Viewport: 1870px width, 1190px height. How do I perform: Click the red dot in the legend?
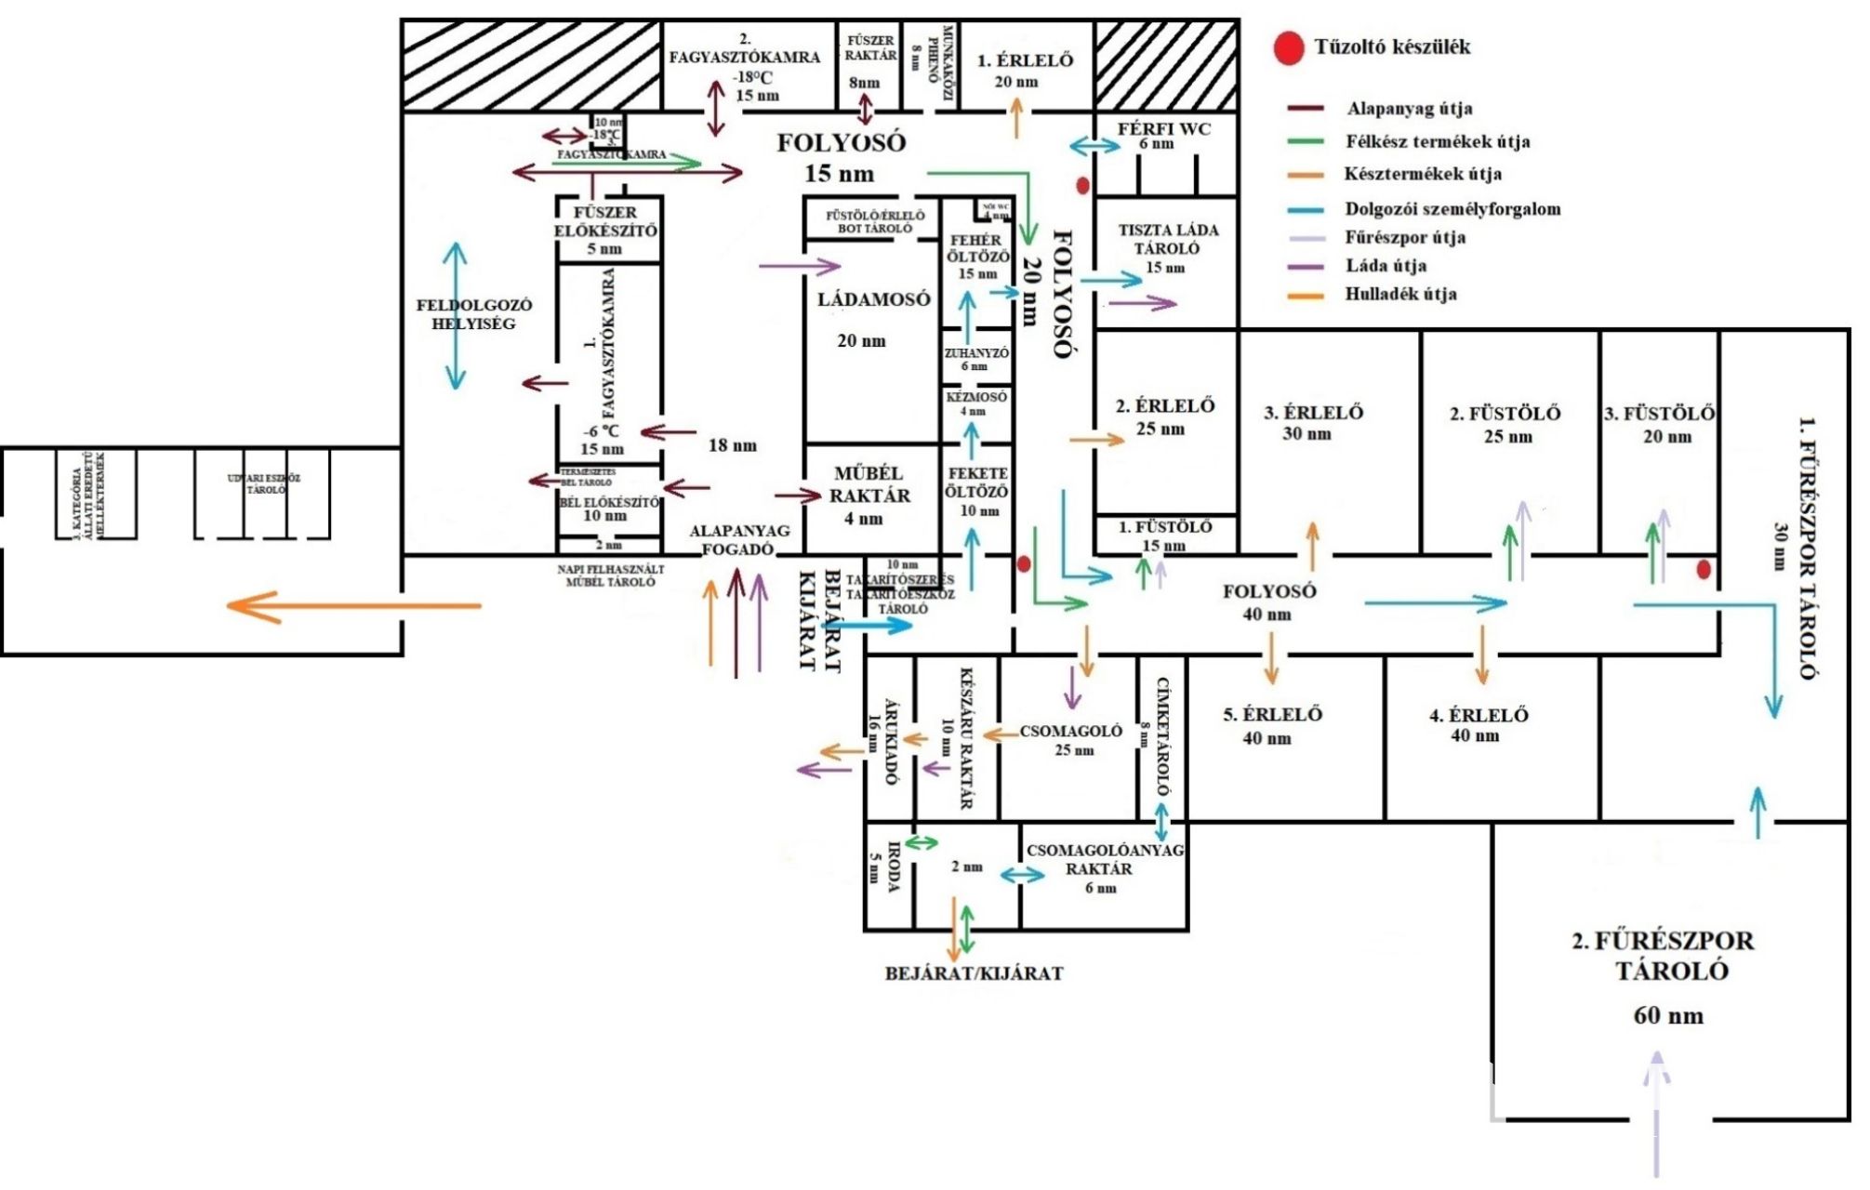(x=1288, y=48)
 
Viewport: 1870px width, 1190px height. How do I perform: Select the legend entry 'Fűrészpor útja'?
(x=1404, y=238)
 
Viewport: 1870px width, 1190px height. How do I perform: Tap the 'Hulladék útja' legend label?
(x=1400, y=295)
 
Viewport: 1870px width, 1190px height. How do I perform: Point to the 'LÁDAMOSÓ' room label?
(x=873, y=299)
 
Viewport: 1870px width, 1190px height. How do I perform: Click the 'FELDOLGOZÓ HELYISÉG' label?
(x=473, y=314)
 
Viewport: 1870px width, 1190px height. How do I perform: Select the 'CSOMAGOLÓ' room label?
(x=1070, y=731)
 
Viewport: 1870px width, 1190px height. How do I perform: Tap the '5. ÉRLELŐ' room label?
(x=1272, y=715)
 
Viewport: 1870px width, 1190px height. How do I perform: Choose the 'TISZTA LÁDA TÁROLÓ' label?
(x=1168, y=239)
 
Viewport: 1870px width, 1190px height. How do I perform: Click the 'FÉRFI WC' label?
(x=1163, y=129)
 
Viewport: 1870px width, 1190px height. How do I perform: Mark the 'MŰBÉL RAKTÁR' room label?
(x=869, y=485)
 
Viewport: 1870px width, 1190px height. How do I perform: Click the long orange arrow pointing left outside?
(x=353, y=606)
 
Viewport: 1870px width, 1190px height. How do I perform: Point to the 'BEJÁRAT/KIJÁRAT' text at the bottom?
(x=973, y=973)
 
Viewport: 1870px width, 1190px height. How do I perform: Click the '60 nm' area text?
(x=1668, y=1015)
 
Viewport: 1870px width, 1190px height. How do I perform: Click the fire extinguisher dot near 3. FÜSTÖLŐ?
(x=1704, y=570)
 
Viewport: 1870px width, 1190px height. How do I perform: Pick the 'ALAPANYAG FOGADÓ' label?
(x=739, y=540)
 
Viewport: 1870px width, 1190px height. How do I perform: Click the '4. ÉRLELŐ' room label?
(x=1479, y=715)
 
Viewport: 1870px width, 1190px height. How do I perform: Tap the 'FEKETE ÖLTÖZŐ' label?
(x=977, y=483)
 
